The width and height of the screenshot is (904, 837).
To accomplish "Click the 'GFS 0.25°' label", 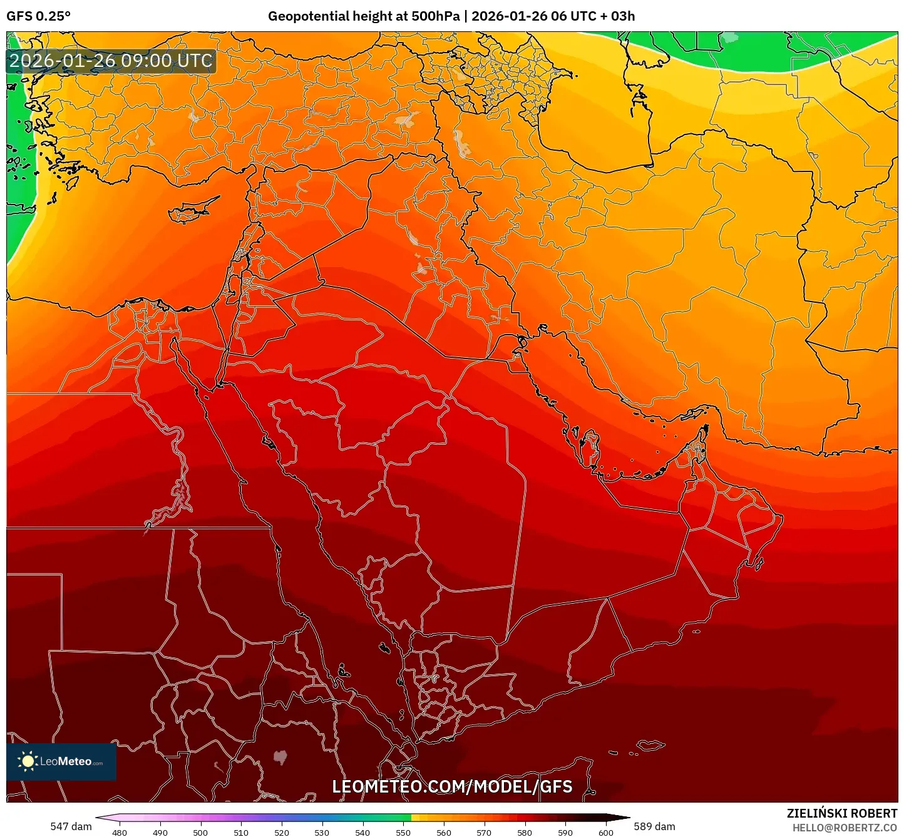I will pyautogui.click(x=38, y=16).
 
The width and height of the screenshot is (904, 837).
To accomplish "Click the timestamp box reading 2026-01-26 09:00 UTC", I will pyautogui.click(x=111, y=61).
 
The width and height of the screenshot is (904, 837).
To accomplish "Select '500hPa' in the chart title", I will pyautogui.click(x=435, y=16).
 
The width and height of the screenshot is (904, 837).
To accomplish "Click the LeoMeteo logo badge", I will pyautogui.click(x=61, y=761).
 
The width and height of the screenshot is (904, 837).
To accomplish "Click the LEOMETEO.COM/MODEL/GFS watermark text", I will pyautogui.click(x=452, y=787).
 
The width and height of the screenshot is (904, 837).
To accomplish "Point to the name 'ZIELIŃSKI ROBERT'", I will pyautogui.click(x=842, y=814).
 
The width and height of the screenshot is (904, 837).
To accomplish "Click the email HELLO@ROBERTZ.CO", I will pyautogui.click(x=845, y=828).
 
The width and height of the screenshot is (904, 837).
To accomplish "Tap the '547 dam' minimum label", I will pyautogui.click(x=71, y=826).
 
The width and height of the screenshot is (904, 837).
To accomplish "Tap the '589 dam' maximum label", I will pyautogui.click(x=654, y=826).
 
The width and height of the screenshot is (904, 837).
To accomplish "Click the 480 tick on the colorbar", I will pyautogui.click(x=119, y=833).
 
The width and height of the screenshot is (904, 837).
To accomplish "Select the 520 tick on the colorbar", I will pyautogui.click(x=282, y=833).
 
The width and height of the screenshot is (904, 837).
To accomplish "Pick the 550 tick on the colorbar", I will pyautogui.click(x=403, y=833).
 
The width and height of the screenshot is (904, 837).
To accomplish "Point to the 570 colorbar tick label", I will pyautogui.click(x=484, y=833).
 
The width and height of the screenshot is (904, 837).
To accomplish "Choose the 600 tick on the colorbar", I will pyautogui.click(x=606, y=833).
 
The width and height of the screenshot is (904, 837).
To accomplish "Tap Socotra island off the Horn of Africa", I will pyautogui.click(x=651, y=745).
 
